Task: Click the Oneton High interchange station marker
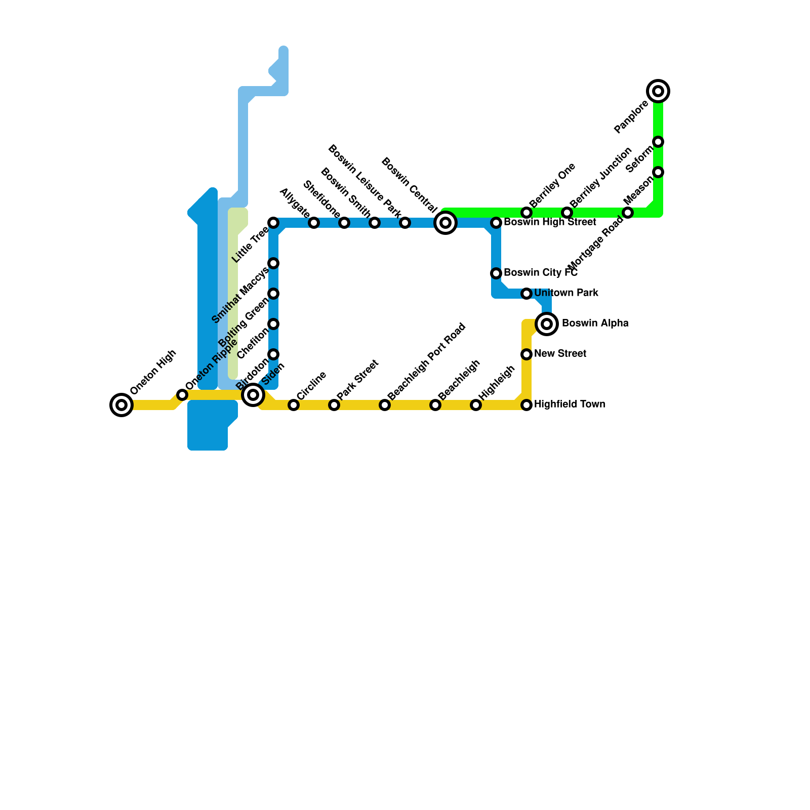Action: pos(121,404)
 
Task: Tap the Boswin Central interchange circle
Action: pos(445,223)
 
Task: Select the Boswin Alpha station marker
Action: pos(547,323)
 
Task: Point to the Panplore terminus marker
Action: pos(658,91)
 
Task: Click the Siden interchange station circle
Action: pos(253,394)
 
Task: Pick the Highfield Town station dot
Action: pos(526,404)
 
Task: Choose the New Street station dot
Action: pos(526,354)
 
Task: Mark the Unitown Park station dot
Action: pos(526,294)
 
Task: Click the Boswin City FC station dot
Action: pos(496,273)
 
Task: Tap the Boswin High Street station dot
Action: pos(496,223)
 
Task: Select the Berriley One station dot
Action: pos(526,213)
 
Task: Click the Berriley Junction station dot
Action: pos(567,213)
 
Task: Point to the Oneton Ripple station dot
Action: pos(182,395)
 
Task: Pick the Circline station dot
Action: pos(294,404)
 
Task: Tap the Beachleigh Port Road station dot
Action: pos(385,404)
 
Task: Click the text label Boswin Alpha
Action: pos(595,323)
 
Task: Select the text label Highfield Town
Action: pos(570,404)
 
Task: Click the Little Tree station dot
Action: pos(273,223)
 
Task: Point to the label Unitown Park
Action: pos(566,293)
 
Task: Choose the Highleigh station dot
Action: pos(476,404)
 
